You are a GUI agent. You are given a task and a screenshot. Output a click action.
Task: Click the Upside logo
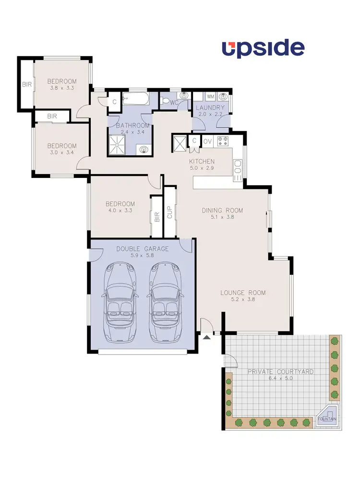(x=263, y=49)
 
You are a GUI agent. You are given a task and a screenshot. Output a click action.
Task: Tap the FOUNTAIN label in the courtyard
(x=327, y=419)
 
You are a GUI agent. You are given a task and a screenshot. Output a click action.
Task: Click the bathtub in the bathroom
(x=135, y=100)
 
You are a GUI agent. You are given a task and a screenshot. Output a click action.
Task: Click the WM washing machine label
(x=210, y=96)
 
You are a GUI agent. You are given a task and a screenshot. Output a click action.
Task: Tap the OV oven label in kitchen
(x=207, y=141)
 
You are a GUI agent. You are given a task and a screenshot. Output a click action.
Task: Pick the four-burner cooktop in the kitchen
(x=223, y=141)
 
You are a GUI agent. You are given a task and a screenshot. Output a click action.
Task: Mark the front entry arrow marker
(x=207, y=338)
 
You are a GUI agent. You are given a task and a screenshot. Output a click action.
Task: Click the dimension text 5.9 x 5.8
(x=143, y=255)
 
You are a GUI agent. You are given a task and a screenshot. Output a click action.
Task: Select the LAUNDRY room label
(x=210, y=108)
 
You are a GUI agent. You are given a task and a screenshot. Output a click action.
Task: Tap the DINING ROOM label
(x=222, y=210)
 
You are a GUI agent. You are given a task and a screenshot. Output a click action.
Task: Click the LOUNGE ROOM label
(x=243, y=293)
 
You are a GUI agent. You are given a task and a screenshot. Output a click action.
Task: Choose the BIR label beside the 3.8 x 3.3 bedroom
(x=26, y=85)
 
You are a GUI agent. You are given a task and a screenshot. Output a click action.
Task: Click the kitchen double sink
(x=238, y=170)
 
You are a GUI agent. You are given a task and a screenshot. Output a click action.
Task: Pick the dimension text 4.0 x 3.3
(x=120, y=210)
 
